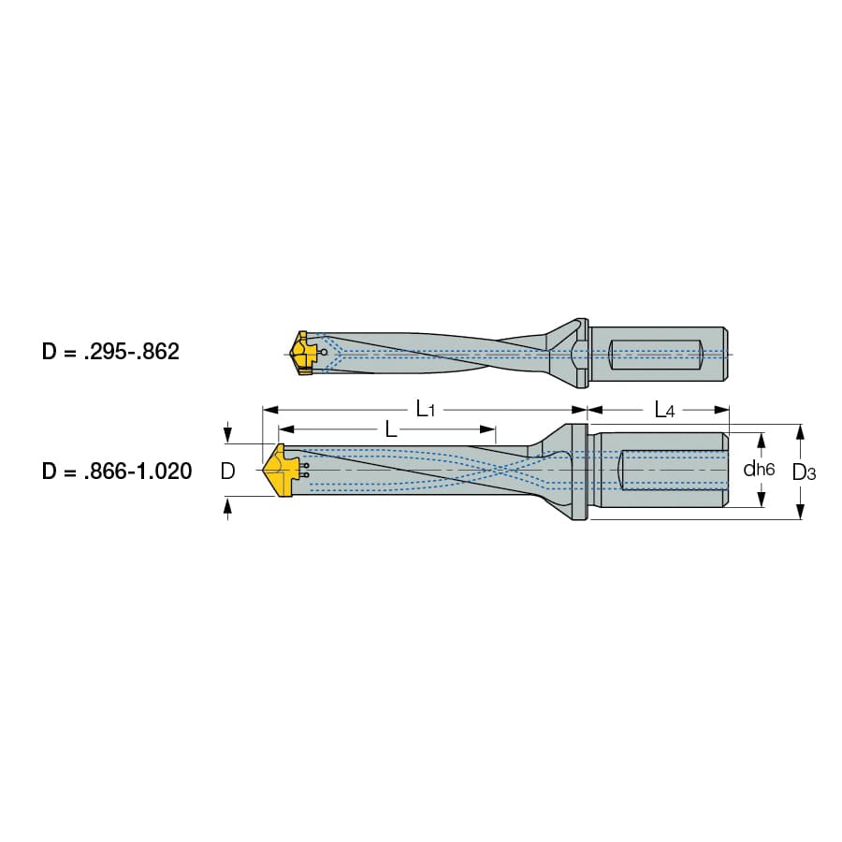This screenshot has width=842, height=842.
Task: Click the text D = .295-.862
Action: [110, 352]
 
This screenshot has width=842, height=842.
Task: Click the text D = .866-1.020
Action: [117, 471]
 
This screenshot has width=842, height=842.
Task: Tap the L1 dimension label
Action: [426, 410]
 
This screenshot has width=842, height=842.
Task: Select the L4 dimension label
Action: [664, 411]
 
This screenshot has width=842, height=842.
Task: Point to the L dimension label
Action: [391, 429]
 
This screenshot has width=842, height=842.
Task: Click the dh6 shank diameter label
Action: [759, 470]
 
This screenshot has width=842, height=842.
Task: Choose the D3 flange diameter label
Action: [804, 472]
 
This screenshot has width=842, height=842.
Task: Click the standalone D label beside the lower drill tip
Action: [227, 471]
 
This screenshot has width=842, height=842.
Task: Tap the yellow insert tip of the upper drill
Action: [300, 353]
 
